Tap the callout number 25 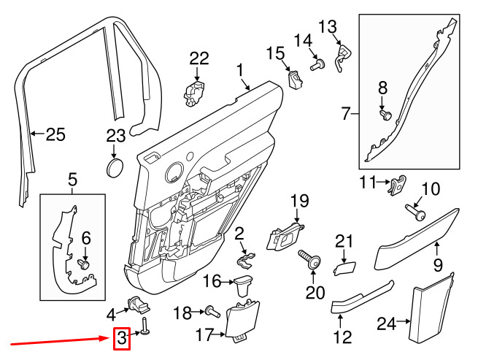pos(55,134)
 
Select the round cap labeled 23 pos(115,168)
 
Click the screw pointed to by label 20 pos(309,259)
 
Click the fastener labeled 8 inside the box pos(385,115)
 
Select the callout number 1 pos(240,70)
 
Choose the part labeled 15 pos(295,80)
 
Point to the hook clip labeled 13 pos(343,57)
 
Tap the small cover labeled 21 pos(344,268)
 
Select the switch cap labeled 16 pos(244,285)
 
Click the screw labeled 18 pos(212,312)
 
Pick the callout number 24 pos(387,323)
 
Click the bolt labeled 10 pos(415,212)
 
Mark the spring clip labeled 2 pos(246,261)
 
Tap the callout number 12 pos(343,337)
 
